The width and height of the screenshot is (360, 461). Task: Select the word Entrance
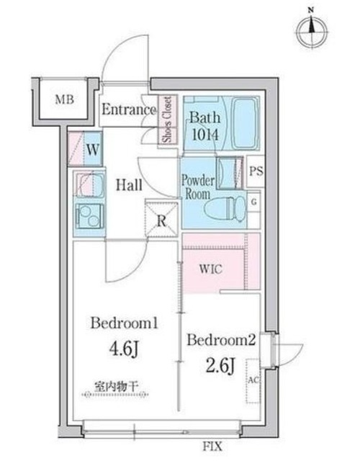pyautogui.click(x=128, y=110)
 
